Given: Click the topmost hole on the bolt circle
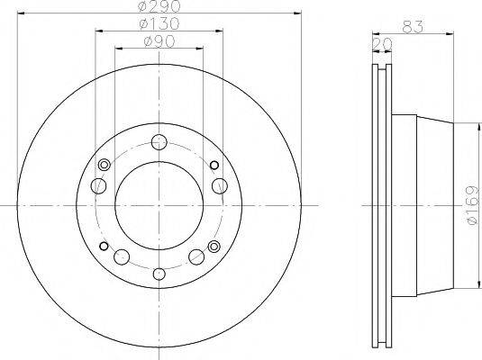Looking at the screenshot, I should pos(159,140).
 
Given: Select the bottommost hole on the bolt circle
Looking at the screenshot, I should pos(159,274).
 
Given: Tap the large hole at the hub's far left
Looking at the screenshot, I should pos(100,185).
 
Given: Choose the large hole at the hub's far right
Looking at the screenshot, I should pos(219,185).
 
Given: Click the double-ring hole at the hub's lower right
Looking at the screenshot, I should pos(214,247).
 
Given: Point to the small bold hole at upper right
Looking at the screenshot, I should pos(214,165).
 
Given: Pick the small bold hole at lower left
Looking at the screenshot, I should pos(105,247).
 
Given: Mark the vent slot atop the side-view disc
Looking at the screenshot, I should pos(383,67).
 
